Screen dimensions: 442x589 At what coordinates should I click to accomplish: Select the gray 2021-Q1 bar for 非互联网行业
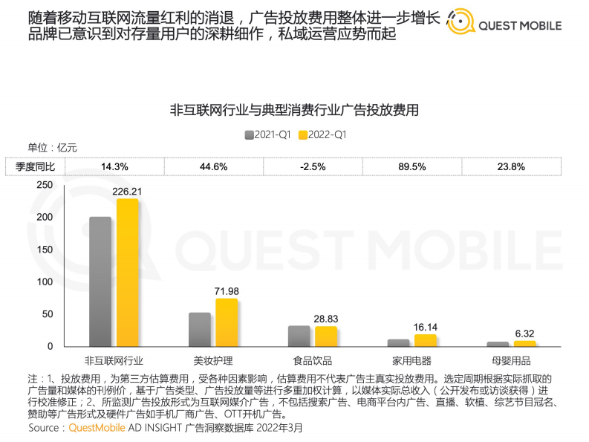[x=100, y=282]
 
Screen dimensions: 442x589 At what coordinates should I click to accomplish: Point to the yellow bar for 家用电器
[x=426, y=340]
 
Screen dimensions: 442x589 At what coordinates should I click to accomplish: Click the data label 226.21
[x=127, y=192]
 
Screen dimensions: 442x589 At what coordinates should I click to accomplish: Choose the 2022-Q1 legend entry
[x=321, y=135]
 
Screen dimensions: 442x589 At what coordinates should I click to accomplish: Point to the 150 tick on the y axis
[x=45, y=250]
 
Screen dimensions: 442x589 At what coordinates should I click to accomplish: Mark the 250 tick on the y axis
[x=45, y=185]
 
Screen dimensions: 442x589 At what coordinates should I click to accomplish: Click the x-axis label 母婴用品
[x=512, y=360]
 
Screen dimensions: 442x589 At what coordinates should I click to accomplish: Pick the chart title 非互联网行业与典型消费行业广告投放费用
[x=294, y=111]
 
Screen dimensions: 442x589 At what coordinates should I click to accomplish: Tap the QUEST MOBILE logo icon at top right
[x=460, y=25]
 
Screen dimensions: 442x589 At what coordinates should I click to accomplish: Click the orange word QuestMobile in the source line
[x=97, y=429]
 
